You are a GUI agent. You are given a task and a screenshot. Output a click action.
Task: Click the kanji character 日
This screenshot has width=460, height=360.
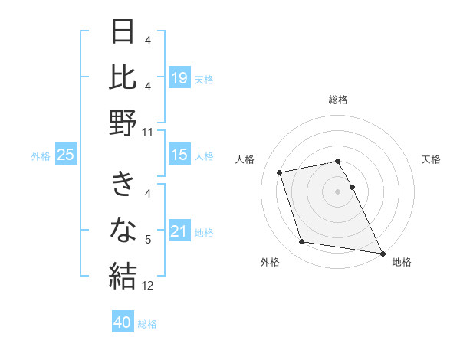[x=123, y=33]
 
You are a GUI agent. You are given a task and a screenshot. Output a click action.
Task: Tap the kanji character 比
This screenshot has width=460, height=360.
[x=123, y=77]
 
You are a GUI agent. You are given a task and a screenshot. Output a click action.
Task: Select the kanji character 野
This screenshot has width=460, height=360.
[x=123, y=123]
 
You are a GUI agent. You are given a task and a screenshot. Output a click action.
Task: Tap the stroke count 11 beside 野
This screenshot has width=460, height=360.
[x=148, y=133]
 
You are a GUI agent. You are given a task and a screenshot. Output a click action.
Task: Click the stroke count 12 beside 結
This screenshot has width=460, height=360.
[x=148, y=286]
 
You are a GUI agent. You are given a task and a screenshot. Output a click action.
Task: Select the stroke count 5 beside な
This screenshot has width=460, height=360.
[x=148, y=241]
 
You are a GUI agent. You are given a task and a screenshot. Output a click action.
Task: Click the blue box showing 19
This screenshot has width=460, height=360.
[x=179, y=77]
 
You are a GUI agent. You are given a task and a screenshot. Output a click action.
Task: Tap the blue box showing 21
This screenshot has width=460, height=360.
[x=179, y=231]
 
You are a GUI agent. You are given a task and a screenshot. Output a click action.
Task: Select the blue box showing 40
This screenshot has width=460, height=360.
[x=123, y=322]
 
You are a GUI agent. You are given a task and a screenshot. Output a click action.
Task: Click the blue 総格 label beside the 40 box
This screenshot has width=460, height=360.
[x=148, y=324]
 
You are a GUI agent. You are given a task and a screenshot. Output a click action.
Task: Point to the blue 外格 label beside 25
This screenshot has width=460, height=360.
[x=41, y=156]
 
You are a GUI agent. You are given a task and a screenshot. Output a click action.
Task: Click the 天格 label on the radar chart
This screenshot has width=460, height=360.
[x=432, y=159]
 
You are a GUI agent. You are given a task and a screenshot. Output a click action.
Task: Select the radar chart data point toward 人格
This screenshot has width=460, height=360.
[x=280, y=172]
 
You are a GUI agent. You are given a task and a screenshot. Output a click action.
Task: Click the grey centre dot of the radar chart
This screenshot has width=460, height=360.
[x=337, y=191]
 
